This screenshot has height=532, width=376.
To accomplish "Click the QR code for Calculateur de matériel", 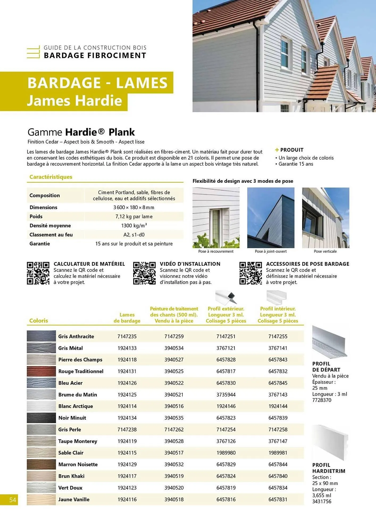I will (x=38, y=273).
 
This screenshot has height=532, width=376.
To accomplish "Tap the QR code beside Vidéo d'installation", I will (x=144, y=273).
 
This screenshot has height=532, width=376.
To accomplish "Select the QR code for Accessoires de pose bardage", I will (x=250, y=273).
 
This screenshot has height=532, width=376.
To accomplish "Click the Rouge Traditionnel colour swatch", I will (x=41, y=371).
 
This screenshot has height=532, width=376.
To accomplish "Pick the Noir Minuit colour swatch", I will (x=41, y=418).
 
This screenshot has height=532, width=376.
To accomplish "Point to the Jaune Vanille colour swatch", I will (x=41, y=500).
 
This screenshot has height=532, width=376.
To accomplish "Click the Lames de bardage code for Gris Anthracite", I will (x=127, y=336).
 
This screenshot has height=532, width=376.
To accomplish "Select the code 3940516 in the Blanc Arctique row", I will (x=174, y=406).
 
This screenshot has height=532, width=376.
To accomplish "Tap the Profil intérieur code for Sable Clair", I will (x=278, y=453).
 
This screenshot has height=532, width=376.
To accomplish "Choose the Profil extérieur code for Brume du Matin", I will (x=226, y=395).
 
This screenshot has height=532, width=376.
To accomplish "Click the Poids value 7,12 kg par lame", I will (x=134, y=217).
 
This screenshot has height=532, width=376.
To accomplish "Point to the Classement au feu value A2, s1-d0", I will (x=134, y=235).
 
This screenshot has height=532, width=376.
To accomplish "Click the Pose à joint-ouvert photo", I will (x=271, y=218).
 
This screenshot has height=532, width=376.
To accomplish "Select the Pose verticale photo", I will (x=325, y=218).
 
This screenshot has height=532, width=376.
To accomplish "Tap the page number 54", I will (x=12, y=500).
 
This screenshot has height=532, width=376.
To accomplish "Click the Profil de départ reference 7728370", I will (x=322, y=400).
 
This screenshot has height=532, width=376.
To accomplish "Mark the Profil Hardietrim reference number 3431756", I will (x=322, y=501).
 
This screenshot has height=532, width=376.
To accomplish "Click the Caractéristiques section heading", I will (x=51, y=177).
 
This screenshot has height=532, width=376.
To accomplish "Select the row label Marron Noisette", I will (x=78, y=464).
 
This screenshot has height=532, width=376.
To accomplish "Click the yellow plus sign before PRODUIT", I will (x=277, y=150).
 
